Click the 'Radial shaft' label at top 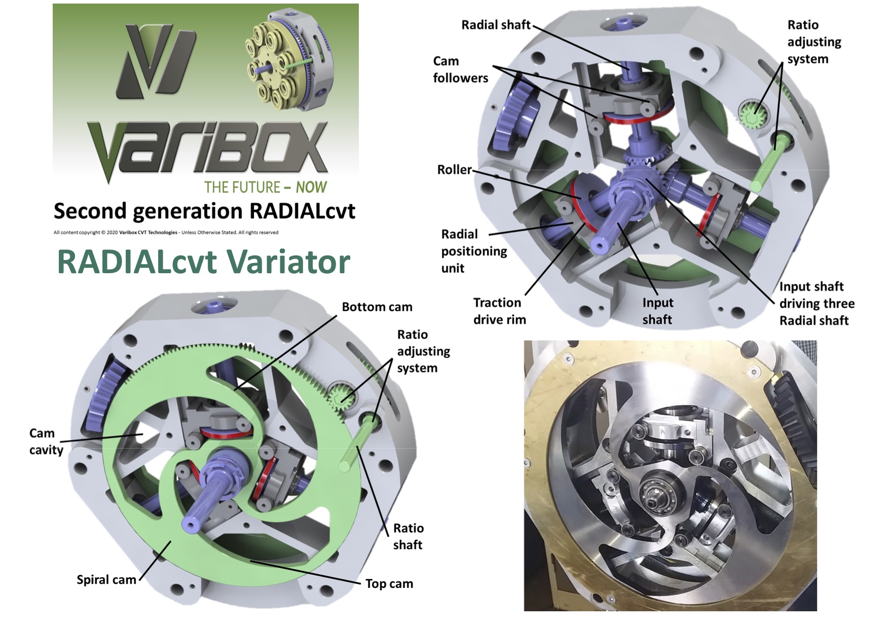(x=496, y=25)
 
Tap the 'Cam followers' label (x=460, y=69)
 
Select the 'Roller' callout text (x=454, y=169)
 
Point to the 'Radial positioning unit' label (x=474, y=251)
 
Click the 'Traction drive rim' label (x=499, y=311)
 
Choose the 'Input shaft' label (x=657, y=311)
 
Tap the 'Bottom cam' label (x=377, y=307)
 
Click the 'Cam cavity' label (x=46, y=441)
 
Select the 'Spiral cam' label (x=106, y=580)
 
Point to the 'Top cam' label (x=389, y=584)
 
